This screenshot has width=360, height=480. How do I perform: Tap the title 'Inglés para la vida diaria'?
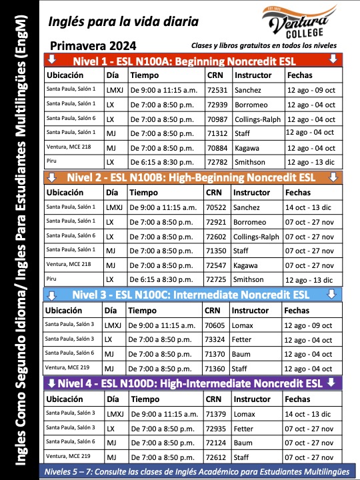[x=123, y=21]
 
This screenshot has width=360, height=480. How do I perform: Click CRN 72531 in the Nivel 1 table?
[x=217, y=89]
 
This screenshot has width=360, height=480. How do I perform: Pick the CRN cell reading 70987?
[x=217, y=119]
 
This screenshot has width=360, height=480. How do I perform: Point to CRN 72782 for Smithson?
[x=217, y=162]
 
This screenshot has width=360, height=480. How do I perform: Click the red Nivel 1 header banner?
[x=193, y=60]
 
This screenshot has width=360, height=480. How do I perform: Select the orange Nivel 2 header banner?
[x=193, y=177]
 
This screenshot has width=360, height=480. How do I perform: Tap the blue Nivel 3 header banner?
[x=193, y=295]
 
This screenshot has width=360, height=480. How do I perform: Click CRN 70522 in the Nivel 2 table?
[x=217, y=207]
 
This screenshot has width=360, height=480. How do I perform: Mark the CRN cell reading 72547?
[x=217, y=265]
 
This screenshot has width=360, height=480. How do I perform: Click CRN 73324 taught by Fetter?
[x=214, y=339]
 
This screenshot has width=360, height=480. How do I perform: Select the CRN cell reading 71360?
[x=214, y=369]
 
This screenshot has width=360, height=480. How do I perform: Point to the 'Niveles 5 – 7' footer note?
[x=193, y=472]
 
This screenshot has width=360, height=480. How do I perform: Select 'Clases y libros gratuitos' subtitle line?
[x=263, y=45]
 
